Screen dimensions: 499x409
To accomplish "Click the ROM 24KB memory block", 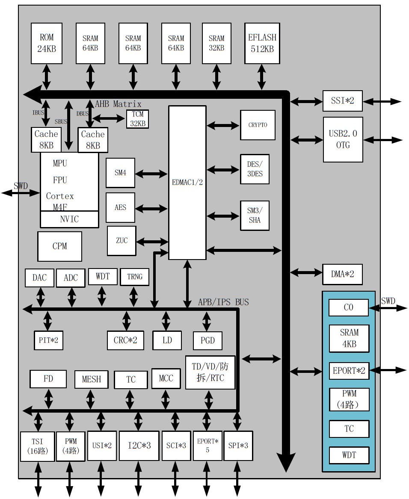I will (47, 43).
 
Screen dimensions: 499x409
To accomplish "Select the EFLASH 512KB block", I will (262, 43).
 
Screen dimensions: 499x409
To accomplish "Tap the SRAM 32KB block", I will (216, 43).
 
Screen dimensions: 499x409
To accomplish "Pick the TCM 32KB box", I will (138, 119).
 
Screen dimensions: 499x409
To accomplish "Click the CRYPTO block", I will (258, 125).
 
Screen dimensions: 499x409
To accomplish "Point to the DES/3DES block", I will (255, 169).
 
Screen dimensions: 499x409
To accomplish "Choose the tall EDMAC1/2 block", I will (187, 183).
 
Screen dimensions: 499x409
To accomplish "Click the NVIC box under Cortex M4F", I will (69, 219).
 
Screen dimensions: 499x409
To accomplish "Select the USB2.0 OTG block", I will (343, 139).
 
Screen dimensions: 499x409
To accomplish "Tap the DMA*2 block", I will (342, 274).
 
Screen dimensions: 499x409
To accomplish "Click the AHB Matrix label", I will (118, 104).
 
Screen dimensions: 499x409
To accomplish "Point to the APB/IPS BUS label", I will (223, 302).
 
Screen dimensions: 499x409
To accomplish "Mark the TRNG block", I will (135, 277).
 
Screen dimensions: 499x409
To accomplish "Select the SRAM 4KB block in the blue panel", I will (349, 338).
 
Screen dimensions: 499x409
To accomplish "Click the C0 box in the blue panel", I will (349, 307).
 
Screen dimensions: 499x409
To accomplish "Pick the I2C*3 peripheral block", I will (139, 446).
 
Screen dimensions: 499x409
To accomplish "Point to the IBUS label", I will (38, 113).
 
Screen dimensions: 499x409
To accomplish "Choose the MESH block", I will (91, 379).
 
